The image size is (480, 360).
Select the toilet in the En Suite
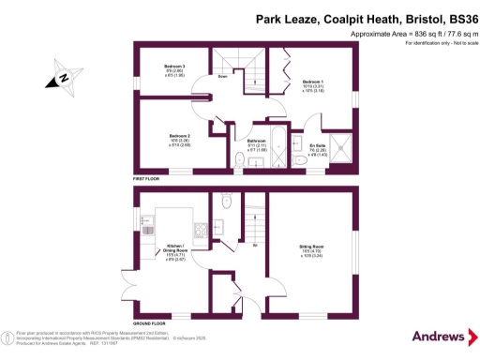[x=300, y=160]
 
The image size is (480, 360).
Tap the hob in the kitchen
[x=199, y=231]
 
